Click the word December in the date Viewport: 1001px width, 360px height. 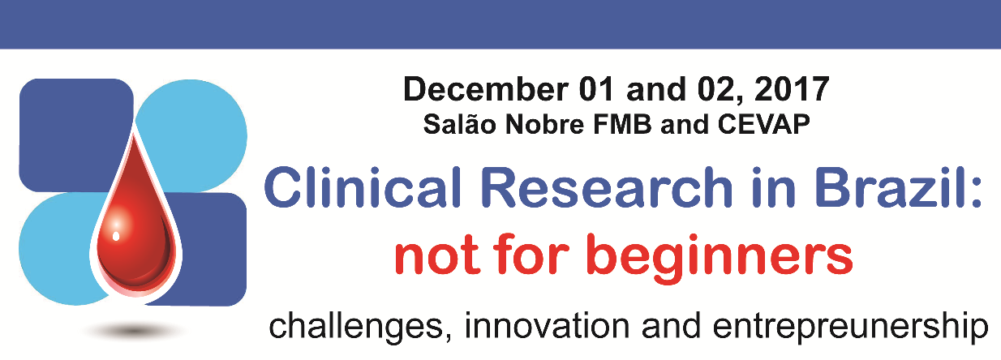pyautogui.click(x=486, y=89)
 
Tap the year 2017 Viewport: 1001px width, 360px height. pyautogui.click(x=792, y=89)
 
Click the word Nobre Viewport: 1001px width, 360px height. pyautogui.click(x=544, y=124)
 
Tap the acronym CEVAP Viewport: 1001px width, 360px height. pyautogui.click(x=763, y=124)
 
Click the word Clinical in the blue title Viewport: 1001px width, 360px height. pyautogui.click(x=362, y=186)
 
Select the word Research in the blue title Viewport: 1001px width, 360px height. pyautogui.click(x=608, y=186)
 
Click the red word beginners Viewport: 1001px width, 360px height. pyautogui.click(x=720, y=258)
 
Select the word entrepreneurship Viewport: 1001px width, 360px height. pyautogui.click(x=850, y=328)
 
